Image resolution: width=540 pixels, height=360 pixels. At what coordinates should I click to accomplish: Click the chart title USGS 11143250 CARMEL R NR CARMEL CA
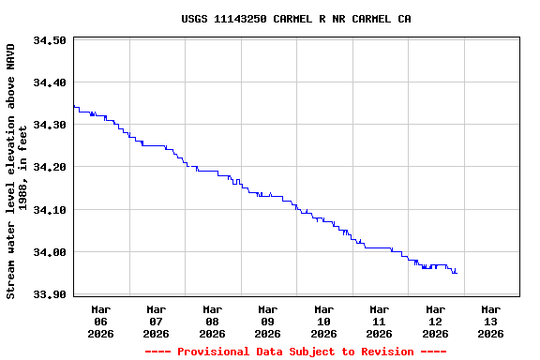295,19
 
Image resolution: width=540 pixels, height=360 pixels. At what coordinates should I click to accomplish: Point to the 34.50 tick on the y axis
49,40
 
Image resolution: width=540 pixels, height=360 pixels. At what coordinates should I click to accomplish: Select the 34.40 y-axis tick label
49,82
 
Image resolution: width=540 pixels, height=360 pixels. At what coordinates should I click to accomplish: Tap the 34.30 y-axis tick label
49,125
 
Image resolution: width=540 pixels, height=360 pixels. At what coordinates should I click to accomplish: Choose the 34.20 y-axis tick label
49,167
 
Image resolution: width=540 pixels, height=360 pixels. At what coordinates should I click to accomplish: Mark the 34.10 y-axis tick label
49,210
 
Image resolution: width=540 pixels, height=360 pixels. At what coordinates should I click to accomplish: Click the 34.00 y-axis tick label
49,252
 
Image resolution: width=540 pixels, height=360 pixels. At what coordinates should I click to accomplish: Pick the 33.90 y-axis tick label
49,294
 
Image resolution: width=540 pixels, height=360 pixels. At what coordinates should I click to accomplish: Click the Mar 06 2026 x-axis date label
100,321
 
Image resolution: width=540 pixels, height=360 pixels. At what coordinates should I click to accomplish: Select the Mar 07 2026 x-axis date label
157,321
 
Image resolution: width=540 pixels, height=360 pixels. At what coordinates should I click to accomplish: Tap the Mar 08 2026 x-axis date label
212,321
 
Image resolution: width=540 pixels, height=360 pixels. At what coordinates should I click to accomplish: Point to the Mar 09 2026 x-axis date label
268,321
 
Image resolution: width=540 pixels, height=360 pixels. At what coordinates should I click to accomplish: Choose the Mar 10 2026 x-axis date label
323,321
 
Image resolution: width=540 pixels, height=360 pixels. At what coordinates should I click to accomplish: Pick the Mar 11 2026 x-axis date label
380,321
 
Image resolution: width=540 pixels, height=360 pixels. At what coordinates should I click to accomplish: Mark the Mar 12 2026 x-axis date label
435,321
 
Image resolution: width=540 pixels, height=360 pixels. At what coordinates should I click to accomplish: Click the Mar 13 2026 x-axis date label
490,321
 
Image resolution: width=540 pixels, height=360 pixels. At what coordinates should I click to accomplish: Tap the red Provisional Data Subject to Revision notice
295,352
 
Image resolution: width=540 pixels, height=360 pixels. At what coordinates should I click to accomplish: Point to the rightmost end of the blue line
457,273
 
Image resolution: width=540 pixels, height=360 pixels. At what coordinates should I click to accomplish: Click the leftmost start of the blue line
73,106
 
